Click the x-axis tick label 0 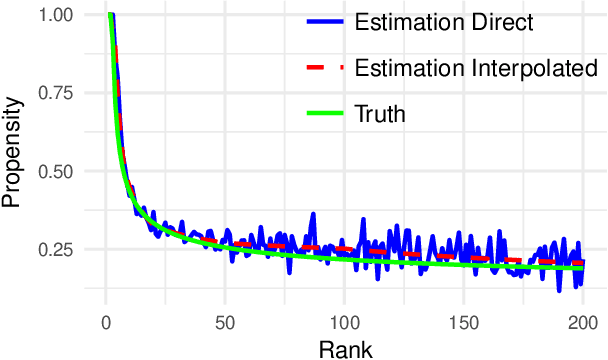106,324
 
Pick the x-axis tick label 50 224,324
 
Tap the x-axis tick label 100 343,324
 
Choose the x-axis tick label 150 462,324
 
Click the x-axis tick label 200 581,324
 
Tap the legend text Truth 381,113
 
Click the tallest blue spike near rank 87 313,214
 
